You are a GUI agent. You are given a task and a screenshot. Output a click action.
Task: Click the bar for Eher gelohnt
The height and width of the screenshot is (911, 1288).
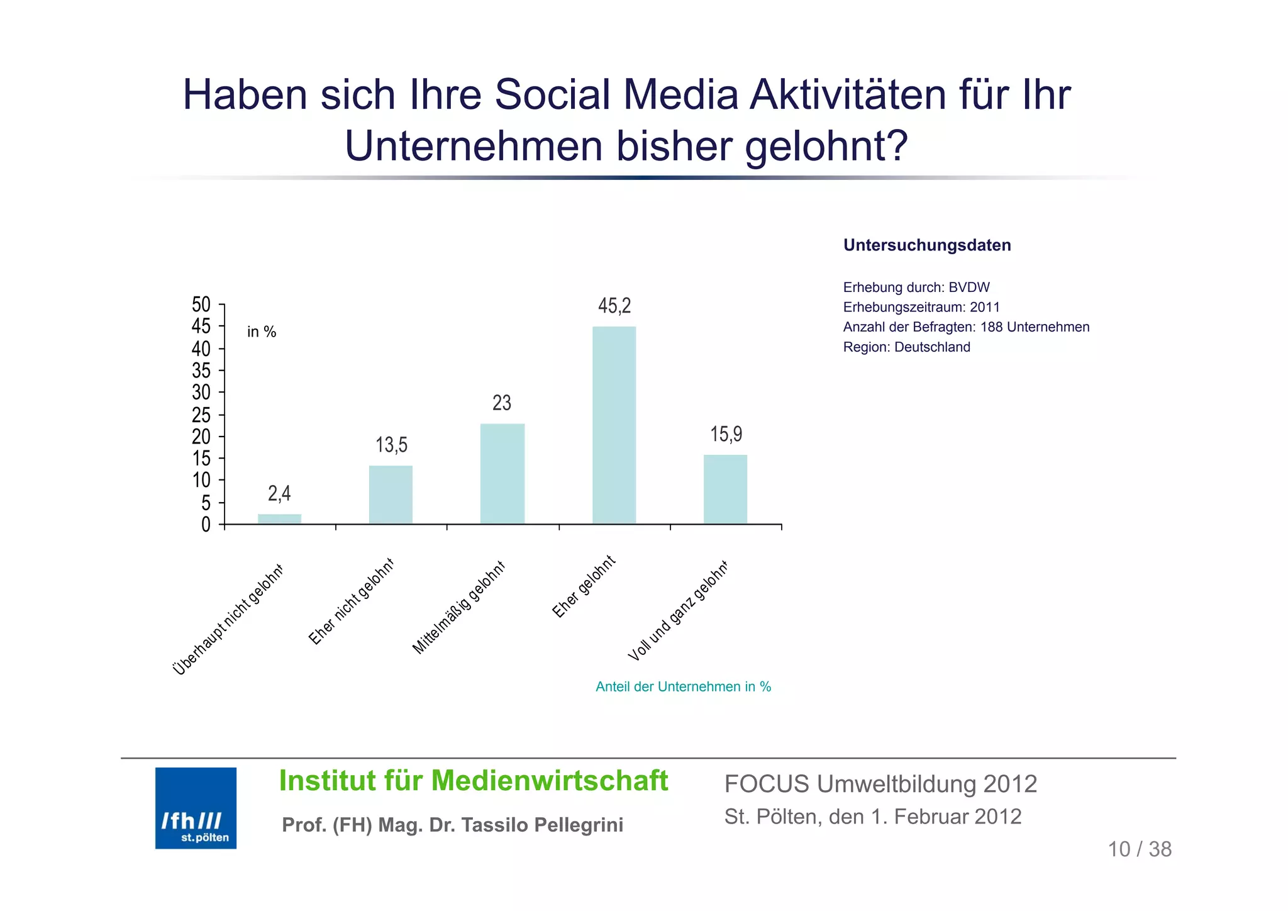pos(614,425)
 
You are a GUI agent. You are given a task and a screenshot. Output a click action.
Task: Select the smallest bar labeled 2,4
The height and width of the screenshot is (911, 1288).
pos(279,518)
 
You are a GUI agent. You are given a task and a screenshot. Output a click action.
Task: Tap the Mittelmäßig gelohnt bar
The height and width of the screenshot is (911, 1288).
pos(502,473)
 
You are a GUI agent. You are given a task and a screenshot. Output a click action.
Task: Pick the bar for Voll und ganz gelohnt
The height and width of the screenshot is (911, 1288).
pos(725,489)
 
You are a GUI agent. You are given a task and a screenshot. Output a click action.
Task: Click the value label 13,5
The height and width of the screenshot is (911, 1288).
pos(391,445)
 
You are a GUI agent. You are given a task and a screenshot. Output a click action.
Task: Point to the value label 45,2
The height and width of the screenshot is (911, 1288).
pos(614,306)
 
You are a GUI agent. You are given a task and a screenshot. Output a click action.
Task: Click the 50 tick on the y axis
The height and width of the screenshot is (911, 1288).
pos(201,305)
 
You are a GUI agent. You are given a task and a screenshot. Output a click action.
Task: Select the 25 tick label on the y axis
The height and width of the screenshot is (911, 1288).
pos(201,415)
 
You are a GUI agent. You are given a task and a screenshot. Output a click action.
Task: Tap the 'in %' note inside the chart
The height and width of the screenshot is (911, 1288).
pos(262,332)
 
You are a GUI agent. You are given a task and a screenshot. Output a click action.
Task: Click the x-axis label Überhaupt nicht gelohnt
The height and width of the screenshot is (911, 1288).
pos(228,620)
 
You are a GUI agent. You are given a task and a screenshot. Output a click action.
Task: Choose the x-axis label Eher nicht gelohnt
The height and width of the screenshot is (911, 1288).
pos(351,601)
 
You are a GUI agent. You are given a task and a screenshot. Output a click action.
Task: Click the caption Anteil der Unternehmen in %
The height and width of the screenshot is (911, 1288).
pos(683,686)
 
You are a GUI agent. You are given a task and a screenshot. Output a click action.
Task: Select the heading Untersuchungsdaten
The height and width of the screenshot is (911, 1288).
pos(927,245)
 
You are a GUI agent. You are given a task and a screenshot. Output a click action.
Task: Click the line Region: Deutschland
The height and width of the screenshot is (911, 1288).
pos(906,347)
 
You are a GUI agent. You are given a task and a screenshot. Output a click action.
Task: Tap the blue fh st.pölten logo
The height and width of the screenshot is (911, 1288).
pos(196,808)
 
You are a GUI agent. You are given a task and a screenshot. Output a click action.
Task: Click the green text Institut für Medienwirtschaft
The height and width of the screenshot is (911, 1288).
pos(473,781)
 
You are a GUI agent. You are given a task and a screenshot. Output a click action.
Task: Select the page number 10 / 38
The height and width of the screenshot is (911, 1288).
pos(1139,849)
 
